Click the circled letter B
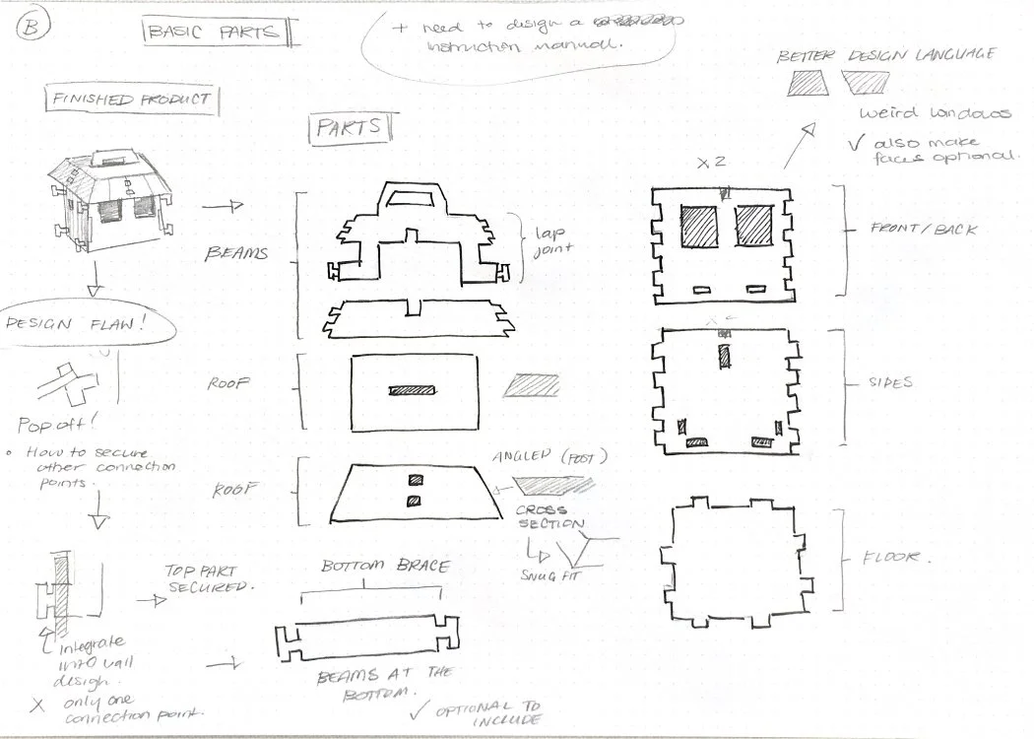31,27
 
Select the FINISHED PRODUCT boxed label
131,100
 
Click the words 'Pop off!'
57,426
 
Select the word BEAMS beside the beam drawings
236,254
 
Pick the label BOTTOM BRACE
386,567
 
